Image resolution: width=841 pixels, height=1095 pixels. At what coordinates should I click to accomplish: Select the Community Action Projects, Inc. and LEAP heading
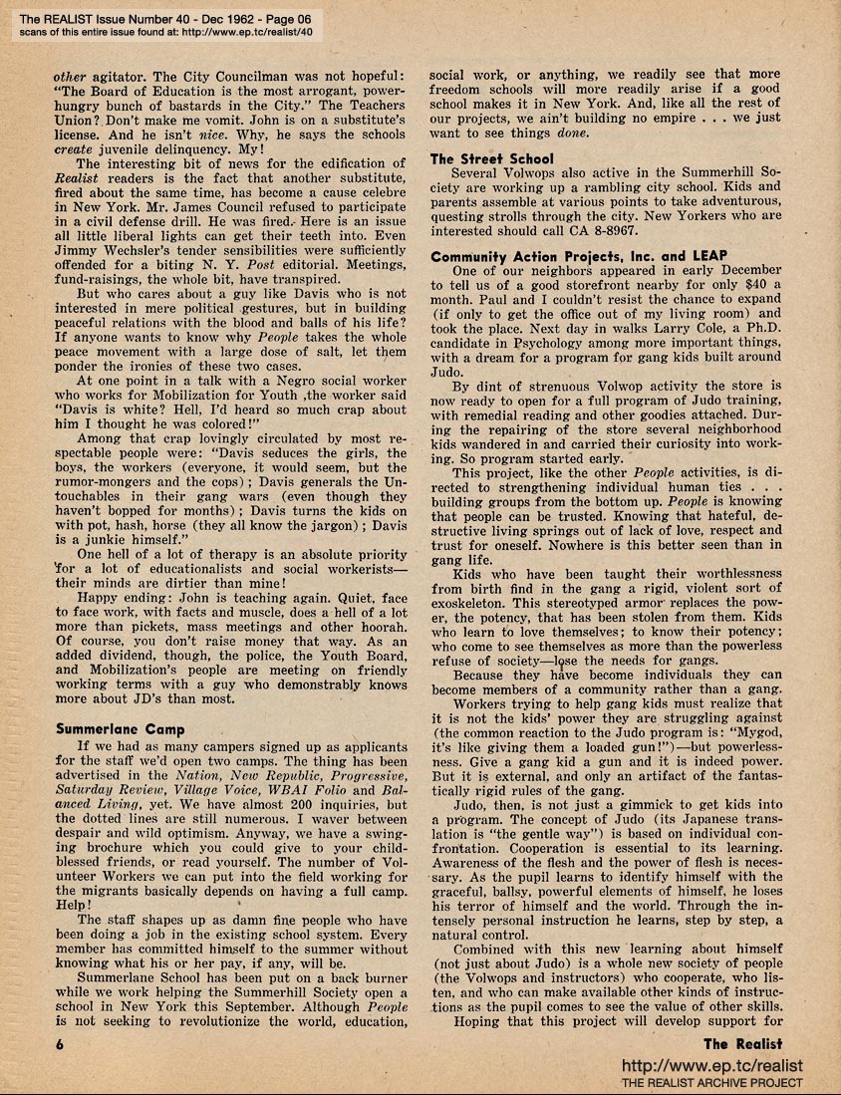579,256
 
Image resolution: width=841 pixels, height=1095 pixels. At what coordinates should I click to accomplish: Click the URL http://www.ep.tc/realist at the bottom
711,1066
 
